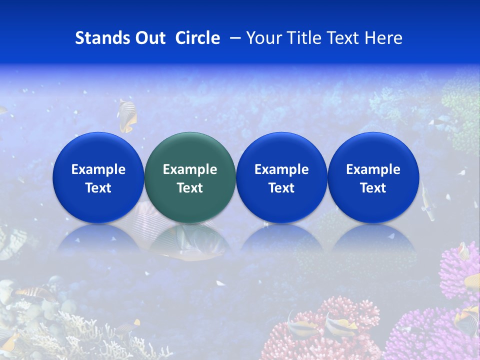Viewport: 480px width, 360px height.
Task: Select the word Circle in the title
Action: point(197,38)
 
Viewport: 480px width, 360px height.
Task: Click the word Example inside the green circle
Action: point(190,169)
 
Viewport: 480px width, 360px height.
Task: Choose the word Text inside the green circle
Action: point(190,188)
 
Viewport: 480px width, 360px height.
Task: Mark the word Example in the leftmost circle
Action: point(98,169)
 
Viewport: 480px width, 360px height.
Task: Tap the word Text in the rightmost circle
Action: point(373,188)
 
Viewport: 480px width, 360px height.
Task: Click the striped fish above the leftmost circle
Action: point(126,115)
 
